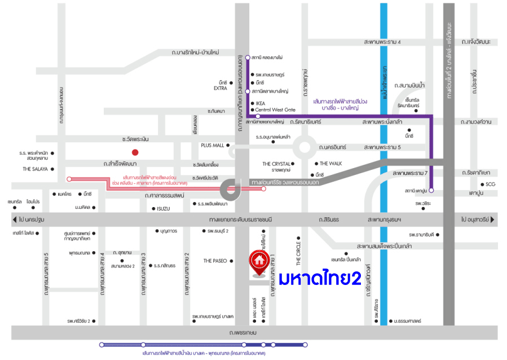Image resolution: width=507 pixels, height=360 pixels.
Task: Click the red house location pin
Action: click(259, 264)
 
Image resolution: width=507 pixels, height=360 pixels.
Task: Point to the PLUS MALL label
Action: click(212, 145)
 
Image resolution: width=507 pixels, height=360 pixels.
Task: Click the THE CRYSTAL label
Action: click(276, 164)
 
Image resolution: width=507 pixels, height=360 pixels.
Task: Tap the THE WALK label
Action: click(331, 164)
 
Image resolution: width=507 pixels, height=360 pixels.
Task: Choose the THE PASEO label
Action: click(215, 261)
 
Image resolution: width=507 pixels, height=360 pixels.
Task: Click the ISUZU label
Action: click(163, 208)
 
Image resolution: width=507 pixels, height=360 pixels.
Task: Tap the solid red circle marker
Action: click(135, 152)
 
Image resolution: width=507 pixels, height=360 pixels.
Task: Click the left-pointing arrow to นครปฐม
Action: click(15, 219)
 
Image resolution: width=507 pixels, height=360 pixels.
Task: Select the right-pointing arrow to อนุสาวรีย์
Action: click(493, 219)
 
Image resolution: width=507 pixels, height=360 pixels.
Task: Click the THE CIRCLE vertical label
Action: click(299, 254)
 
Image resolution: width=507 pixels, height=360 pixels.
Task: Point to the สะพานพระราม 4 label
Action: click(382, 42)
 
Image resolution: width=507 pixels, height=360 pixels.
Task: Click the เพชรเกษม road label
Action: click(243, 333)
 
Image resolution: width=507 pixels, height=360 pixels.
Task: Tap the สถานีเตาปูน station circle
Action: click(431, 190)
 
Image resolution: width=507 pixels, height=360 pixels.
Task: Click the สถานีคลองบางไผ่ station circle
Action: click(247, 57)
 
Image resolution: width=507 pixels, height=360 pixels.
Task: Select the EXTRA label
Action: click(220, 89)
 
